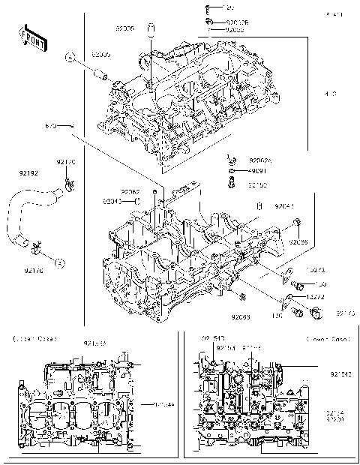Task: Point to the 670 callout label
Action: pyautogui.click(x=50, y=125)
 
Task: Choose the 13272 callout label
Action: pyautogui.click(x=316, y=297)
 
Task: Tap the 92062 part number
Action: pyautogui.click(x=130, y=191)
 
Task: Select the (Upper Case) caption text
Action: pyautogui.click(x=31, y=340)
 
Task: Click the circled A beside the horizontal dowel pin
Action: pyautogui.click(x=69, y=58)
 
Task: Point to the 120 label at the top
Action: pyautogui.click(x=229, y=7)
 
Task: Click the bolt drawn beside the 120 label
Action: pyautogui.click(x=207, y=9)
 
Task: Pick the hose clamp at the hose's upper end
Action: pyautogui.click(x=67, y=182)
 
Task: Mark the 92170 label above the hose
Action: pyautogui.click(x=67, y=162)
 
